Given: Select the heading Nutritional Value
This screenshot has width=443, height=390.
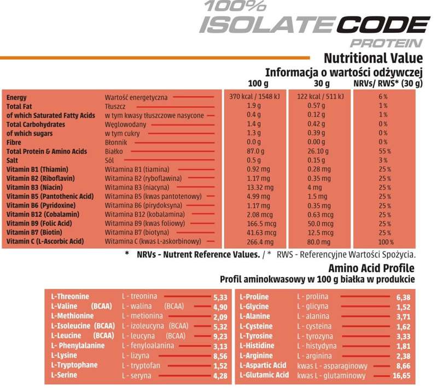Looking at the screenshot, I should (373, 58).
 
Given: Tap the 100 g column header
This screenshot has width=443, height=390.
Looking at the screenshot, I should (258, 84).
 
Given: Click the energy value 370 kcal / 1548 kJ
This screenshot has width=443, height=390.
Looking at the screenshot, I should (254, 97).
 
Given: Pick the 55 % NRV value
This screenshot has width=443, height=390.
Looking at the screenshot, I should (383, 151).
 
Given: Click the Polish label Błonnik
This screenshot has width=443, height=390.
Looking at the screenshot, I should (116, 142).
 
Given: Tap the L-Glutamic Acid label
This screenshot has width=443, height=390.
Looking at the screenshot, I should (264, 375).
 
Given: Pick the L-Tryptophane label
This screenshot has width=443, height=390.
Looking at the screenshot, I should (74, 365).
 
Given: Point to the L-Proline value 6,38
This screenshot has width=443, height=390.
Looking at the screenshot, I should (402, 297).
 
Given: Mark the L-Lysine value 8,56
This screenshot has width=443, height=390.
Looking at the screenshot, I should (219, 356).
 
